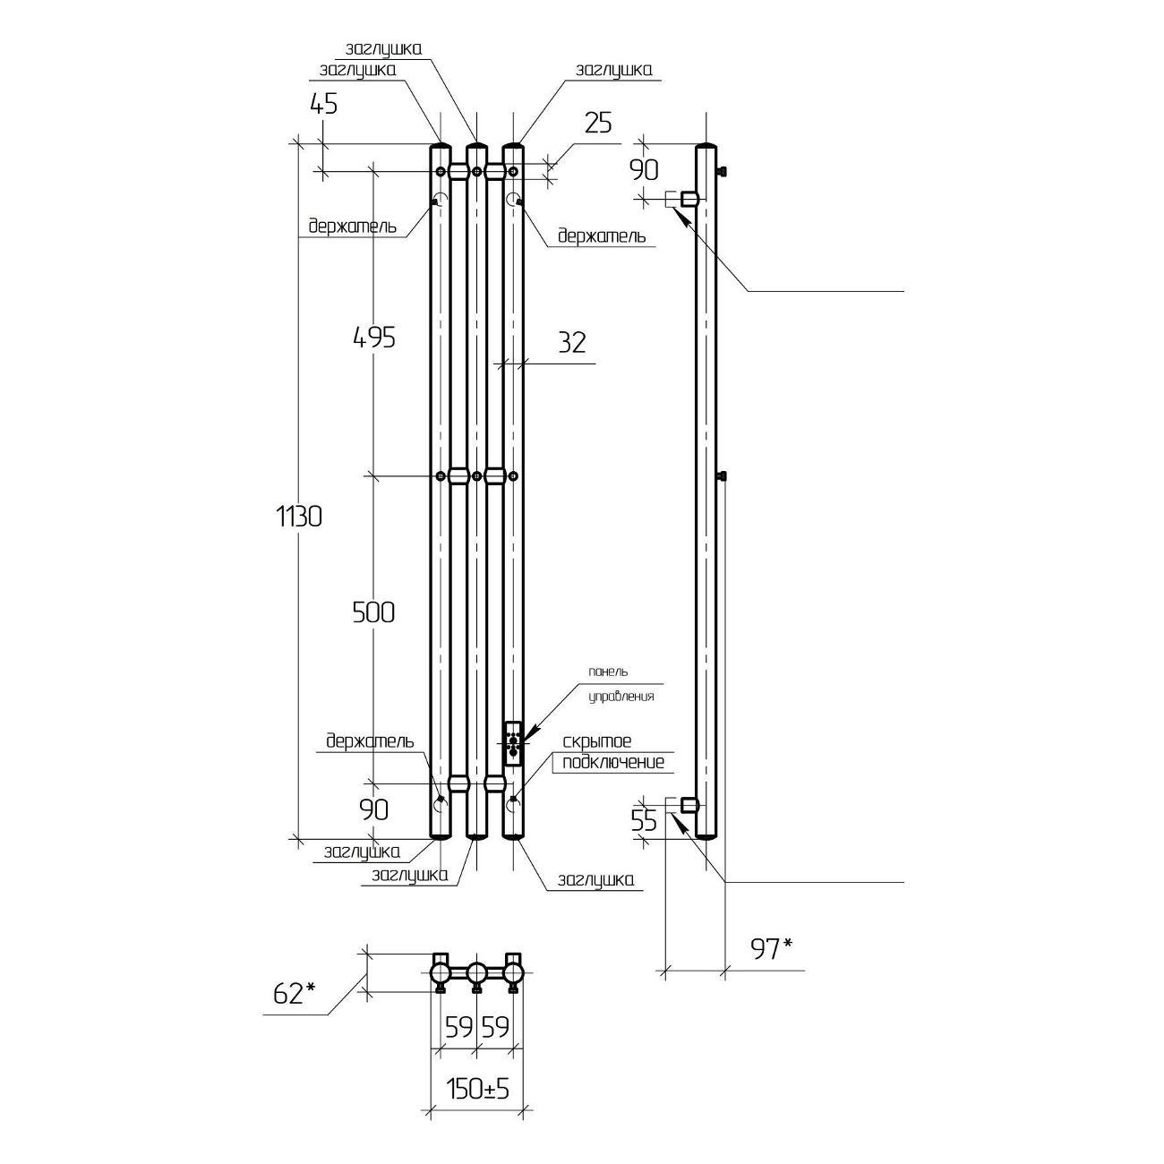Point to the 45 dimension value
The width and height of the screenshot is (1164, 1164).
[x=323, y=104]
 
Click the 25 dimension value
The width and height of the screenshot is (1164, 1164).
[x=597, y=123]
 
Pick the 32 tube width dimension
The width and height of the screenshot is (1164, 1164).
[x=571, y=342]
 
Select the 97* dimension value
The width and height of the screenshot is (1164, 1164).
[x=772, y=949]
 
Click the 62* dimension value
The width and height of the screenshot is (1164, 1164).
[x=295, y=992]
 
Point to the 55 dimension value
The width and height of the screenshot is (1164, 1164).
[x=644, y=821]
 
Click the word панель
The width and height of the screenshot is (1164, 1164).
[x=608, y=672]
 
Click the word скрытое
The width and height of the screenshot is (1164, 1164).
[x=597, y=742]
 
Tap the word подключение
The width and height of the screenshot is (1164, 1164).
[x=613, y=763]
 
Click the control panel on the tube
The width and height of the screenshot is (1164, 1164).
[x=512, y=743]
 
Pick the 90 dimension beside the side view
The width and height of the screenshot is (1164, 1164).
[x=645, y=169]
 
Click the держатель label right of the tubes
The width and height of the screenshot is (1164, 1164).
[x=601, y=236]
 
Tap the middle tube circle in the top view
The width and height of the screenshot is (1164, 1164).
[x=477, y=972]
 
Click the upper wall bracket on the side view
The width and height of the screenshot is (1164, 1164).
[x=686, y=198]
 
